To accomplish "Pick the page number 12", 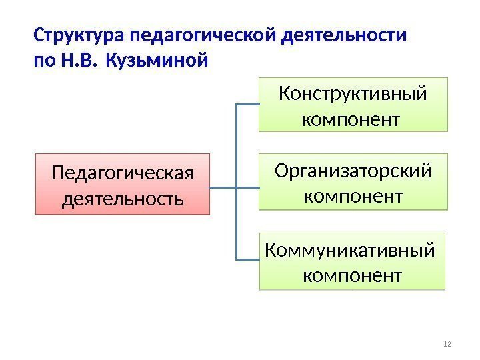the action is pyautogui.click(x=447, y=343).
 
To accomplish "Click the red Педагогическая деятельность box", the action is pyautogui.click(x=122, y=185).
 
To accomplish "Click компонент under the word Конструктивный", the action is pyautogui.click(x=352, y=120).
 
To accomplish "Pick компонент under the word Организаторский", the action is pyautogui.click(x=353, y=197).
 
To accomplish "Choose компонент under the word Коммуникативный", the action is pyautogui.click(x=353, y=274).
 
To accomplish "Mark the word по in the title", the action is pyautogui.click(x=45, y=61).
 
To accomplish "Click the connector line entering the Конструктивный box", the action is pyautogui.click(x=248, y=105).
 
